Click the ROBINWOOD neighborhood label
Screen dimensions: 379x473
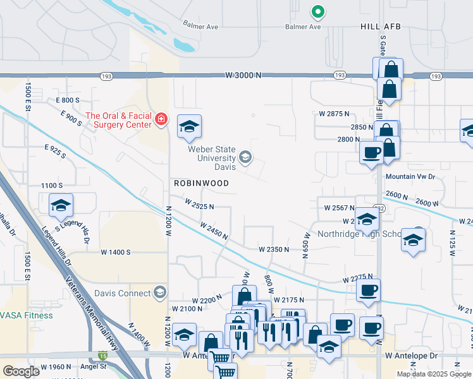[201, 183]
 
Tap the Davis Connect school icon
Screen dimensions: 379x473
[161, 292]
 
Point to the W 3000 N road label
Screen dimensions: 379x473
[243, 75]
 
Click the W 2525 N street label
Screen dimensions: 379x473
[199, 206]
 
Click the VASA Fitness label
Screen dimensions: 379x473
[21, 315]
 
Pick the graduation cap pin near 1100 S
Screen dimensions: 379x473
[61, 205]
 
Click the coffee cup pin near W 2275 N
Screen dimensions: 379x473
[368, 291]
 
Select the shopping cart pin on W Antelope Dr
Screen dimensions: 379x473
[219, 358]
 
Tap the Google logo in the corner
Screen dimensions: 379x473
[21, 371]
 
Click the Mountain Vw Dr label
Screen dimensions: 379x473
[410, 177]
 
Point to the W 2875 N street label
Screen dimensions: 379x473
[335, 114]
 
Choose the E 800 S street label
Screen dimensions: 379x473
[68, 100]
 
